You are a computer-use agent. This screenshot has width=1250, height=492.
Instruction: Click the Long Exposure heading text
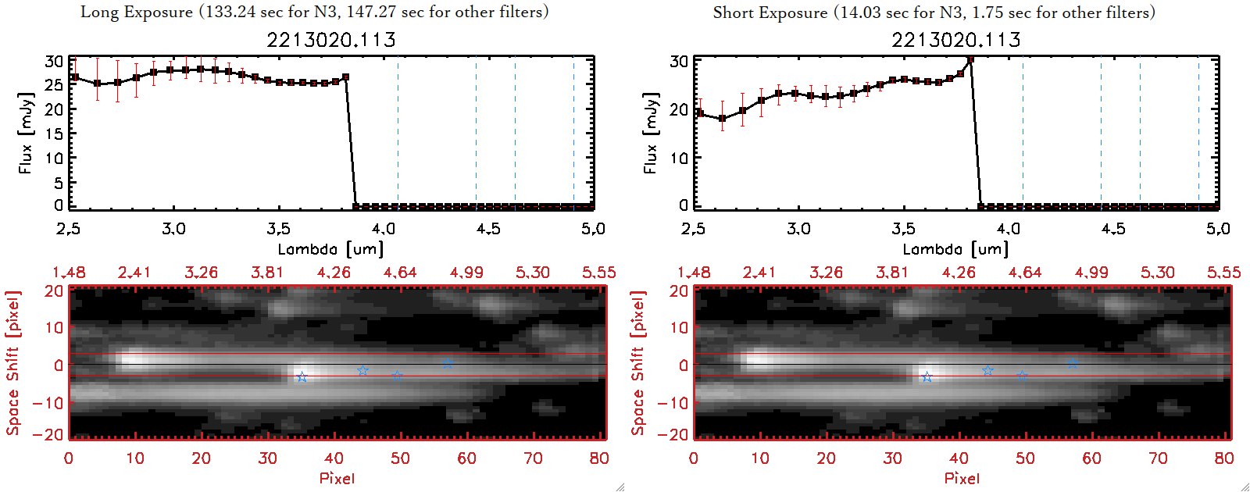314,12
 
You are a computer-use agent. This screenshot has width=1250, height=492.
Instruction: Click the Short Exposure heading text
934,12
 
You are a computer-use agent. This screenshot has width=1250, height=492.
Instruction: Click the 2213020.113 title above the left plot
331,40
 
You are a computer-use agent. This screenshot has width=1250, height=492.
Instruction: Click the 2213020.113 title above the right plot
956,40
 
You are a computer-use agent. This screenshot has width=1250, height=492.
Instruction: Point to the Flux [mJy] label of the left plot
26,133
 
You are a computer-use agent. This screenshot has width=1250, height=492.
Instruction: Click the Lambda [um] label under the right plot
955,249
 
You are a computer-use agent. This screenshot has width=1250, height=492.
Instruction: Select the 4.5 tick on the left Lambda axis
488,229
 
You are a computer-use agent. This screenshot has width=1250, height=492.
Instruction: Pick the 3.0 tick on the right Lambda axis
798,229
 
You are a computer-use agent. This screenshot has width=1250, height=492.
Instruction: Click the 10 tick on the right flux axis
679,158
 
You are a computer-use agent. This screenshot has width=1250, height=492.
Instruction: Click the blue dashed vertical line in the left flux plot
573,133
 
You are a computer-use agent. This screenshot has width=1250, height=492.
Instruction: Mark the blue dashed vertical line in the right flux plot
1198,133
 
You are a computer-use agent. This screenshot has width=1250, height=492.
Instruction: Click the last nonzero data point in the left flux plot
346,77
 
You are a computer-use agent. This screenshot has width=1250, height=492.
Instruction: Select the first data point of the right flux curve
700,113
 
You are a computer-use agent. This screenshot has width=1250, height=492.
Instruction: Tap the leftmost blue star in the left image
302,377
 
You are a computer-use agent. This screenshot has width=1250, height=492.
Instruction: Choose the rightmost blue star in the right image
1073,364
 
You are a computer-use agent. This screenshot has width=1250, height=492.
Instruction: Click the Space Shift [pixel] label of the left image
12,363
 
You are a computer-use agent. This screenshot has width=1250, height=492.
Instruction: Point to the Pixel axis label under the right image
962,478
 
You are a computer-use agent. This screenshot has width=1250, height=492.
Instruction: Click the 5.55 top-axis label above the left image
598,273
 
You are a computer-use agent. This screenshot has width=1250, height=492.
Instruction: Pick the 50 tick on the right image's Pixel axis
1025,458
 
